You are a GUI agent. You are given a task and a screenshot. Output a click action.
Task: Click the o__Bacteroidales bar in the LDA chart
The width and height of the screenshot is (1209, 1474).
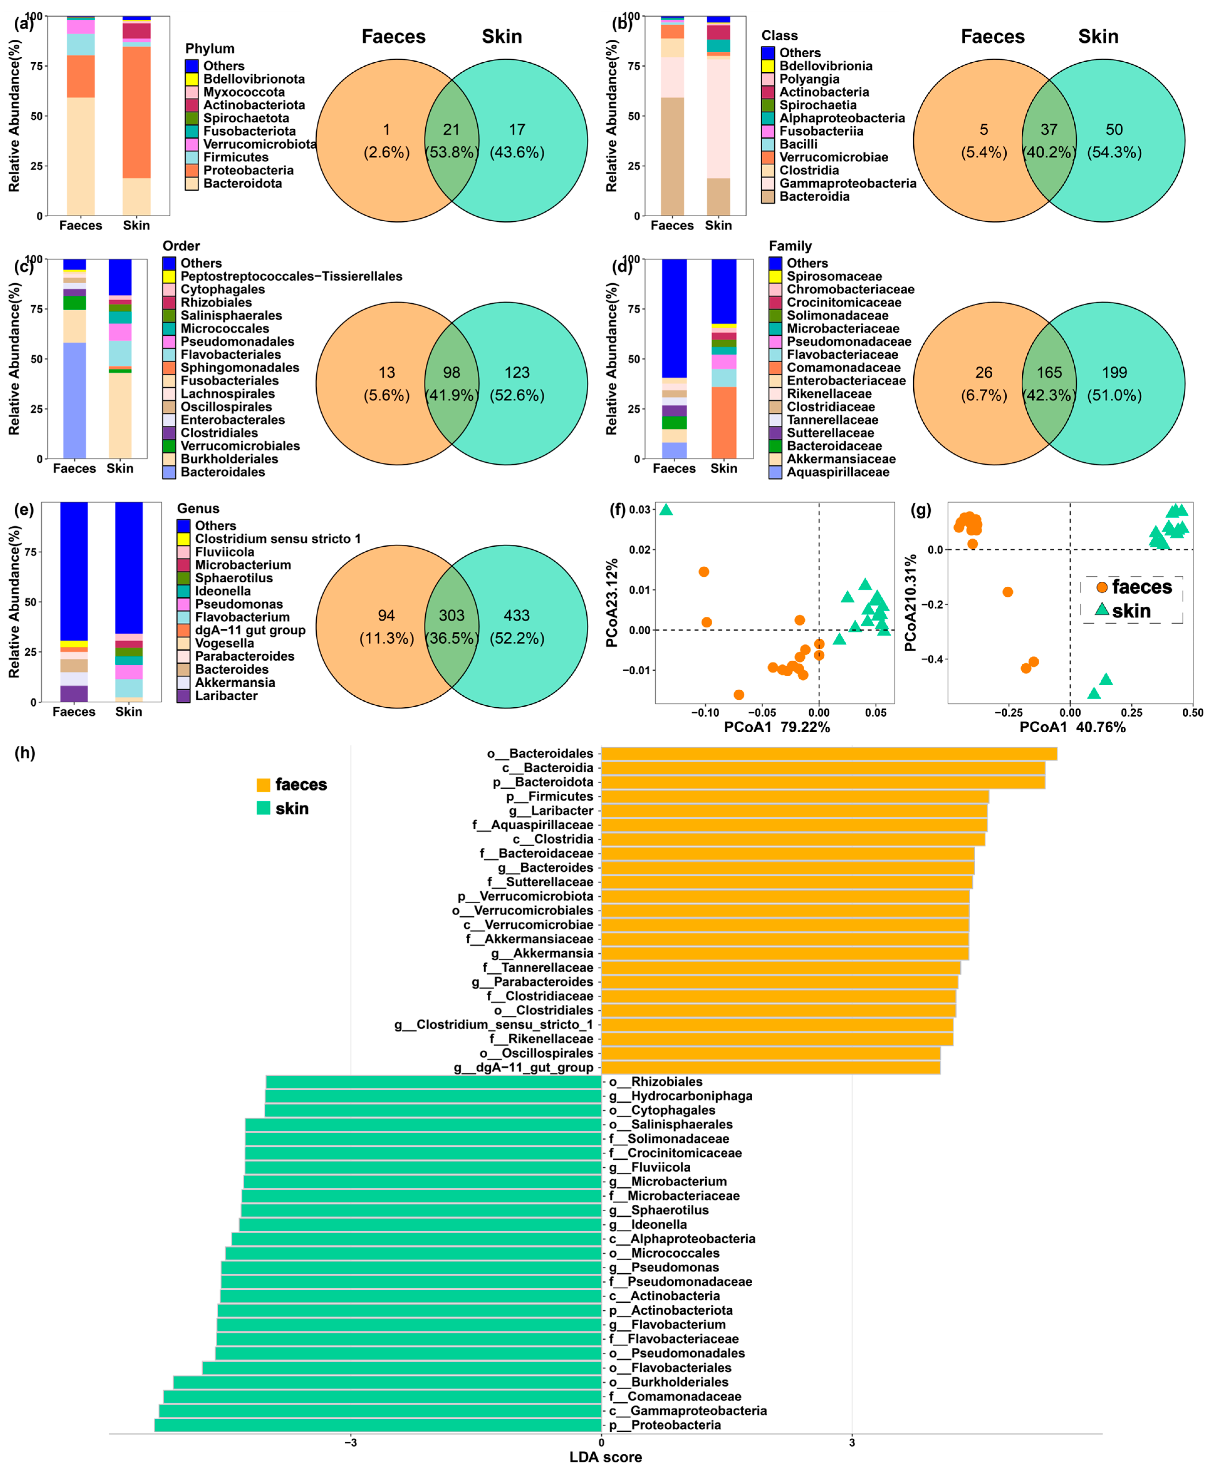829,753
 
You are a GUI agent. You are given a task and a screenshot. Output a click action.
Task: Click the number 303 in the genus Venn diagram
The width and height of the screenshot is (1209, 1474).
451,616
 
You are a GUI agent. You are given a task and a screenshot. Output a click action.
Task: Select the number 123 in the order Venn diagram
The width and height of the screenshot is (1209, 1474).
517,373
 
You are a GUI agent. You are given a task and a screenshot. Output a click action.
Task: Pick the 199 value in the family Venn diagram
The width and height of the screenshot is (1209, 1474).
1114,373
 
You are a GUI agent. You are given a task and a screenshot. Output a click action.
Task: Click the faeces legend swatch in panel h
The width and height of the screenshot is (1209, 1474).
263,785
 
